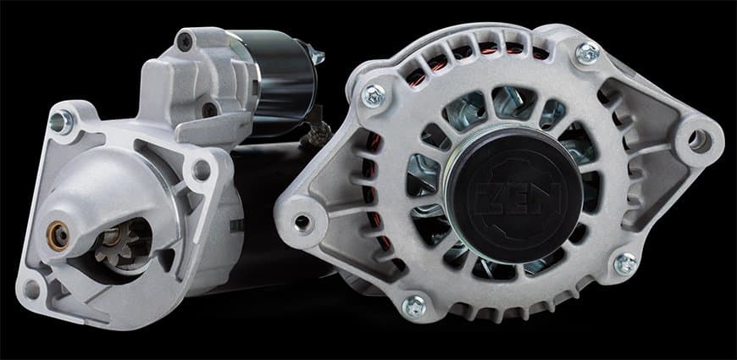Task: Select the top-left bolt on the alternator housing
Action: (x=374, y=96)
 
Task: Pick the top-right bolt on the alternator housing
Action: (x=588, y=53)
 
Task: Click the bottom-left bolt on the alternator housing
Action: (x=414, y=306)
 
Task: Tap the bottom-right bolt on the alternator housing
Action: (x=626, y=264)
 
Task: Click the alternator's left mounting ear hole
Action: (x=302, y=222)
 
